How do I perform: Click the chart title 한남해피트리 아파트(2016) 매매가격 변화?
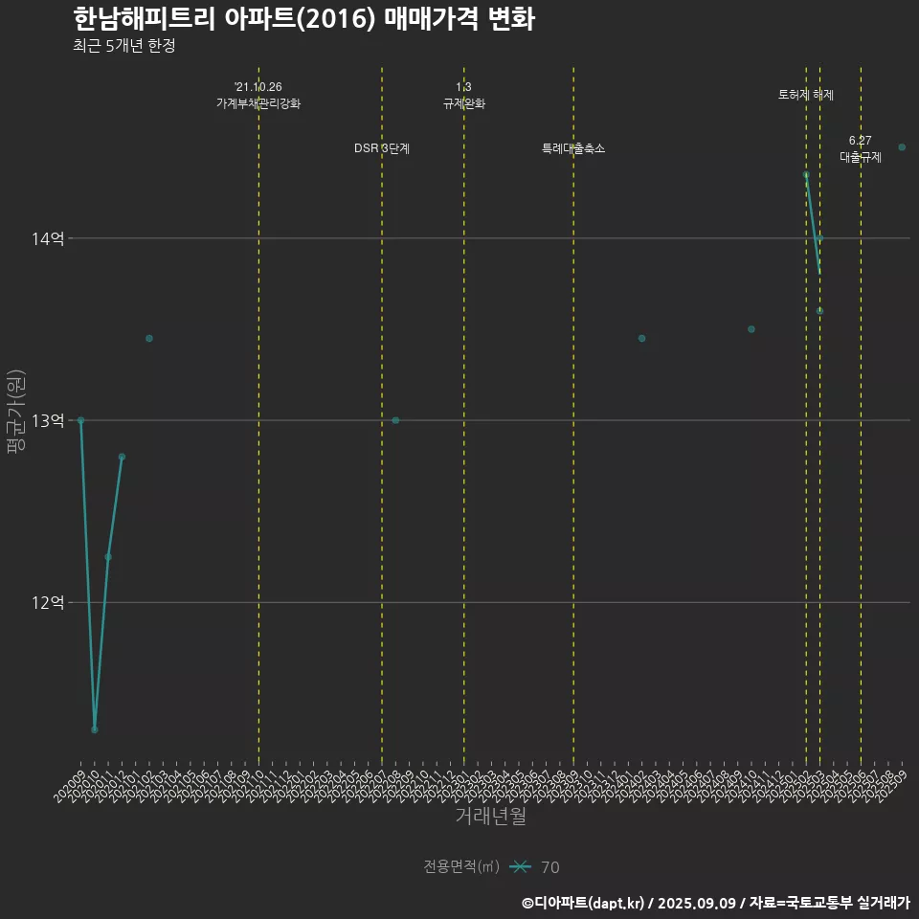303,19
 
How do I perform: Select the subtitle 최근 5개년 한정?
123,46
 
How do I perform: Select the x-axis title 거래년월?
490,817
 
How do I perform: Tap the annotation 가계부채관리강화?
258,103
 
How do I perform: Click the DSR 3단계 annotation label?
382,148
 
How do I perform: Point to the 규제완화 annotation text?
464,103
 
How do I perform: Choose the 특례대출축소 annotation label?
573,148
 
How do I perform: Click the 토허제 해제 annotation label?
806,95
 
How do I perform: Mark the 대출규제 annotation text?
861,157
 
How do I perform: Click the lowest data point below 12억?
95,729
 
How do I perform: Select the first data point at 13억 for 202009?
80,420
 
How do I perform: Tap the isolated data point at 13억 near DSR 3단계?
395,420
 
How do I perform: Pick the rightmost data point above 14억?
902,147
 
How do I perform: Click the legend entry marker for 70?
520,867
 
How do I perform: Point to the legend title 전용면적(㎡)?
461,867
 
